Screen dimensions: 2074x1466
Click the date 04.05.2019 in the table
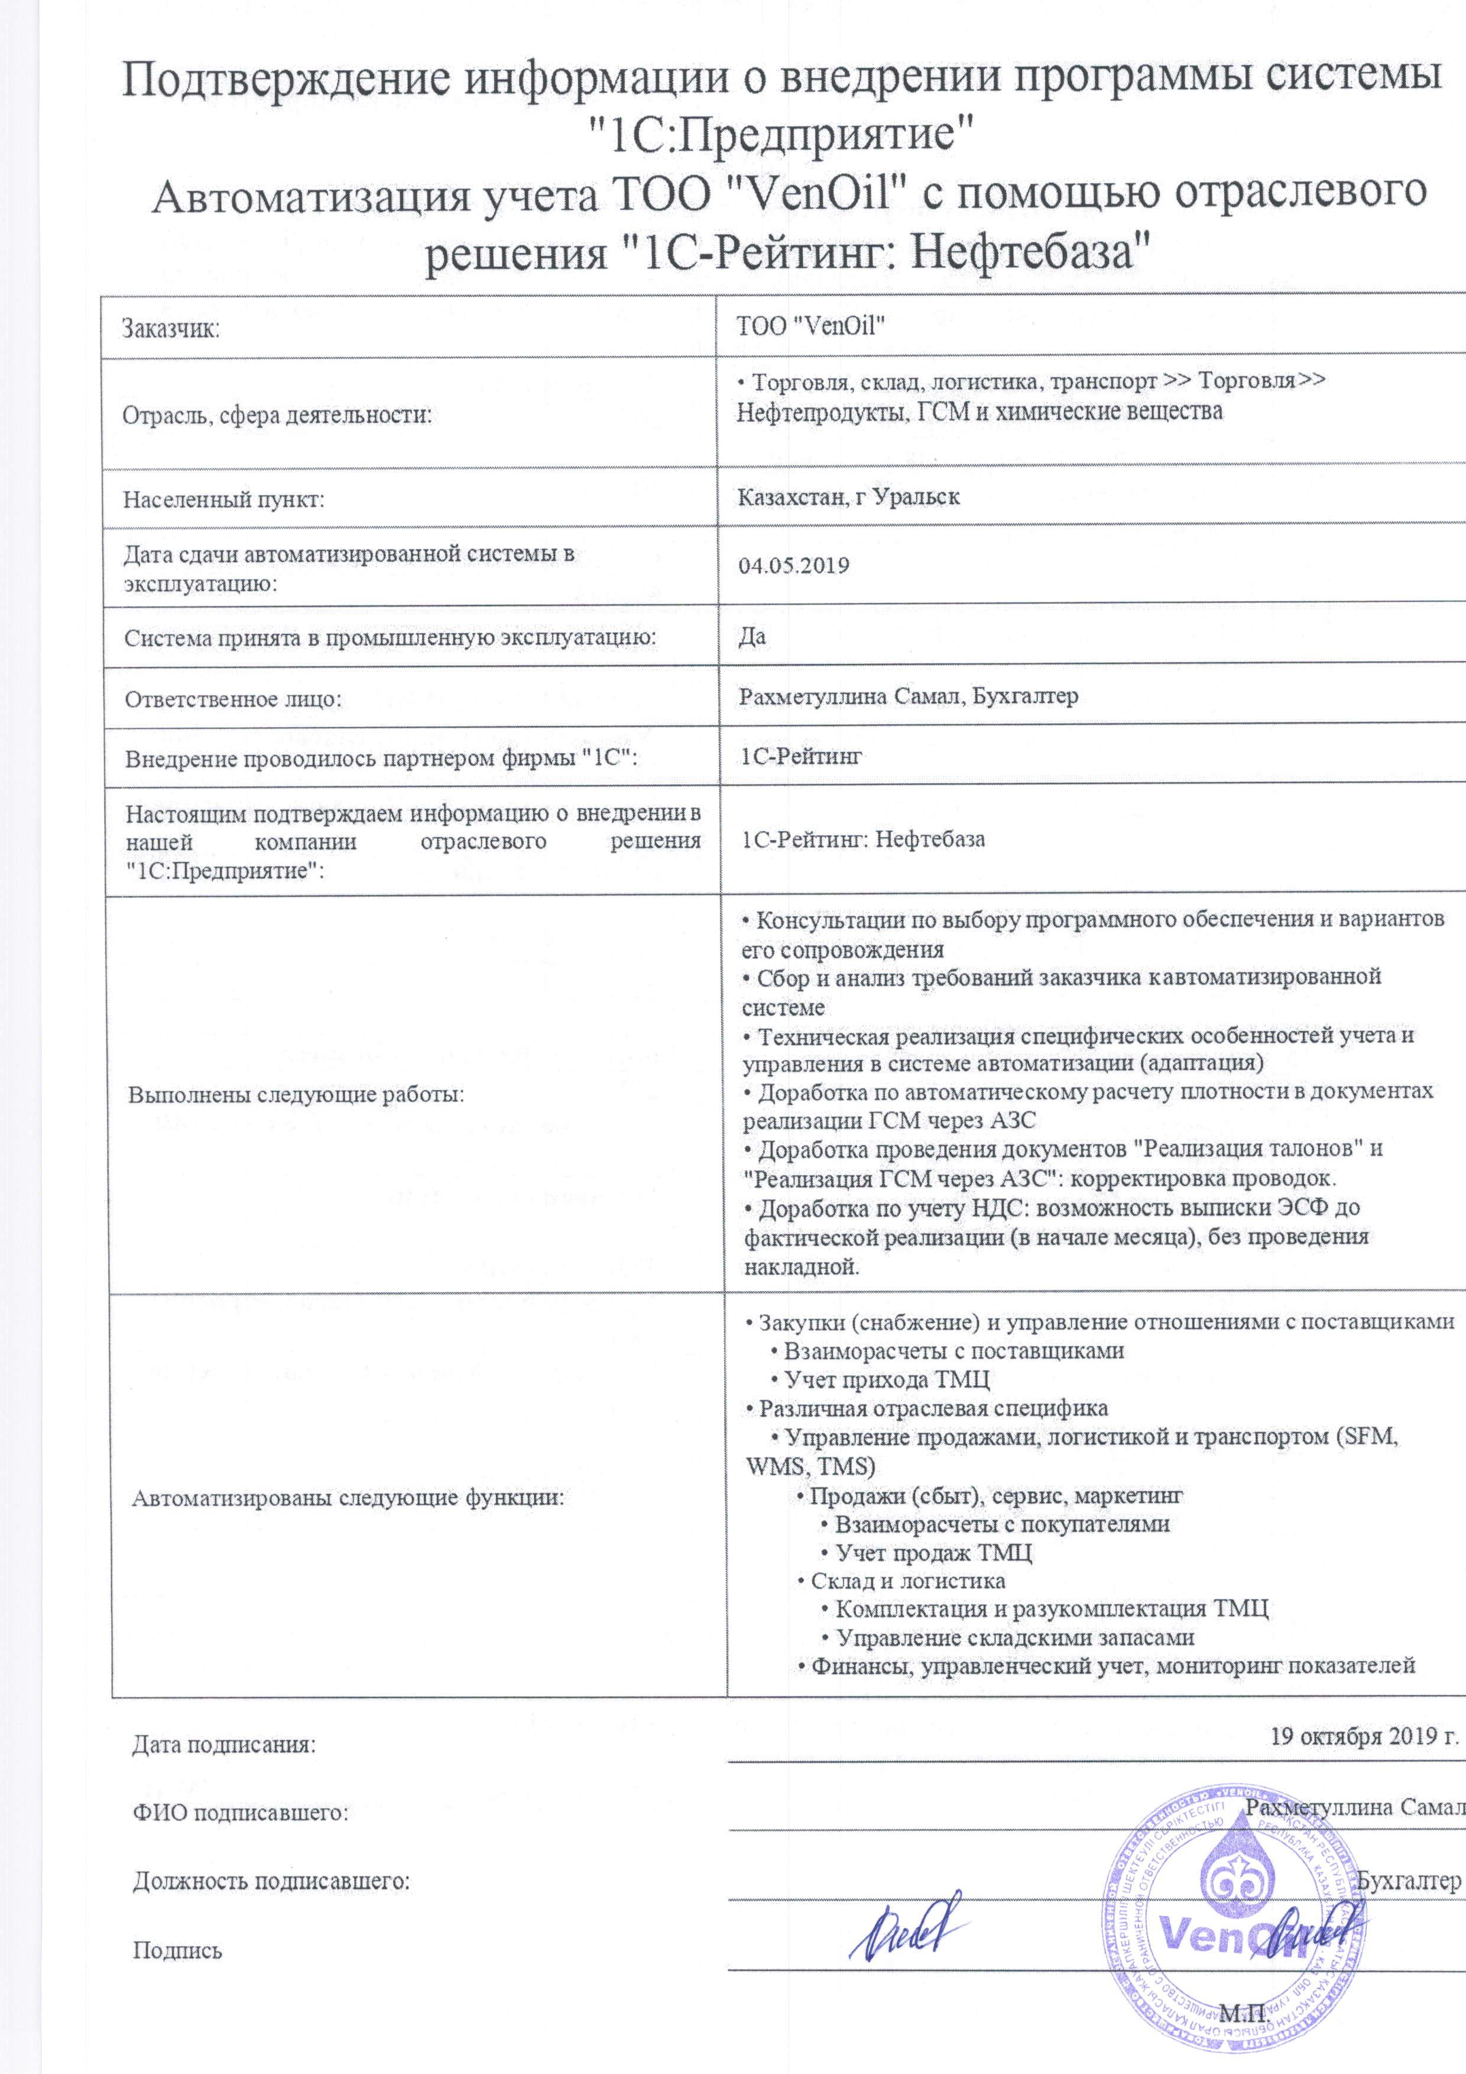794,566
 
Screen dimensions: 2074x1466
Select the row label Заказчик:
171,328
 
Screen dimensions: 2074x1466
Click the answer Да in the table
753,636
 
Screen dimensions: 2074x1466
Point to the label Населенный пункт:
224,498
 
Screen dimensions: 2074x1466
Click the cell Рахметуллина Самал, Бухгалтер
909,696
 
